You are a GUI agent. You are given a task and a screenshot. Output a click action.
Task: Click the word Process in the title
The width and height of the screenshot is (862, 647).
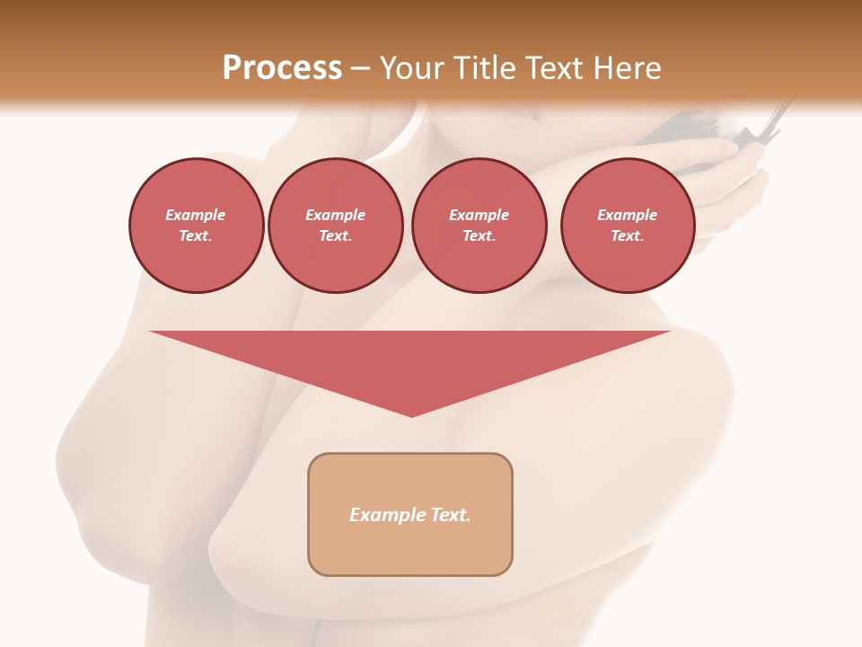[x=282, y=68]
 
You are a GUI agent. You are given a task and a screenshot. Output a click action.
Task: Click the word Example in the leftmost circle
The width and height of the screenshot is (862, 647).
[x=196, y=215]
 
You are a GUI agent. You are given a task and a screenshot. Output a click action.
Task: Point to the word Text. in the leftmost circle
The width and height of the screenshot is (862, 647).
[x=196, y=235]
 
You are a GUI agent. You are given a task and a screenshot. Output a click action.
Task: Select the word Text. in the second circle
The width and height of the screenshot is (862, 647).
[x=336, y=235]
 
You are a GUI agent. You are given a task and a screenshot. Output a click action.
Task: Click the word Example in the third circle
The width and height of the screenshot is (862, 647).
[x=479, y=215]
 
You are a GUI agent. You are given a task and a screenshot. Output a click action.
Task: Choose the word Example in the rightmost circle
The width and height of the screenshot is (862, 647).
[x=627, y=215]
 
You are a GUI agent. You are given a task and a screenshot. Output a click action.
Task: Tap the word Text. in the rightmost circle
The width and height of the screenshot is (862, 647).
[x=627, y=235]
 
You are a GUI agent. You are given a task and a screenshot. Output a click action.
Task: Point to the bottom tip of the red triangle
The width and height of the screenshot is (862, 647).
[x=411, y=414]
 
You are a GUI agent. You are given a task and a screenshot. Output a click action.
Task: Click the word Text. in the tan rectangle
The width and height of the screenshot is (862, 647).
[x=450, y=515]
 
